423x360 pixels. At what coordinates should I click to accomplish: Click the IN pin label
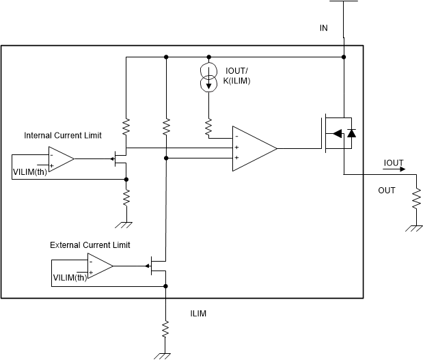324,29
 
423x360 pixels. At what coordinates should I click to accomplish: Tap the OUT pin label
387,191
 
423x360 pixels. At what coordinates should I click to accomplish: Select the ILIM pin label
198,314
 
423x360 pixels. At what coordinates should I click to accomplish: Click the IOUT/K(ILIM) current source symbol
209,77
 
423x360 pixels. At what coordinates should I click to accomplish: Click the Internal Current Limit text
63,135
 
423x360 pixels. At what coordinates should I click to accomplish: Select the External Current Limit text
90,245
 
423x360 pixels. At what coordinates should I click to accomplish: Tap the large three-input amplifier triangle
254,148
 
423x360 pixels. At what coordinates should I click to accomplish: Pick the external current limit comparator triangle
100,266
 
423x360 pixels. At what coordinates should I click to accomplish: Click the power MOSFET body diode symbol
351,134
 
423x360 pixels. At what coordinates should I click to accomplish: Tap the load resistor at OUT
415,199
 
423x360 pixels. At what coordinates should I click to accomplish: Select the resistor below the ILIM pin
165,329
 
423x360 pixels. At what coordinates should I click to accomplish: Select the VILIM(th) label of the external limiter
70,277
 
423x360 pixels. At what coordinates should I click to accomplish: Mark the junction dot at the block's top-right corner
344,57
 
